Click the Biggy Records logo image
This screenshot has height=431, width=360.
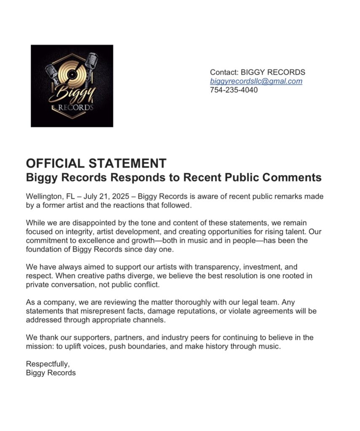[72, 86]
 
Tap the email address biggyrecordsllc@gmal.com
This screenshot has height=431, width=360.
[256, 81]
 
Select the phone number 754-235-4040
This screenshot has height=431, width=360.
[234, 90]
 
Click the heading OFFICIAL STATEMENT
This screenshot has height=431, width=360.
[96, 163]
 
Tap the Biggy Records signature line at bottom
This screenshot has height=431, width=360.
[51, 373]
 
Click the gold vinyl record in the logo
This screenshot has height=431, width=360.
[72, 76]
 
